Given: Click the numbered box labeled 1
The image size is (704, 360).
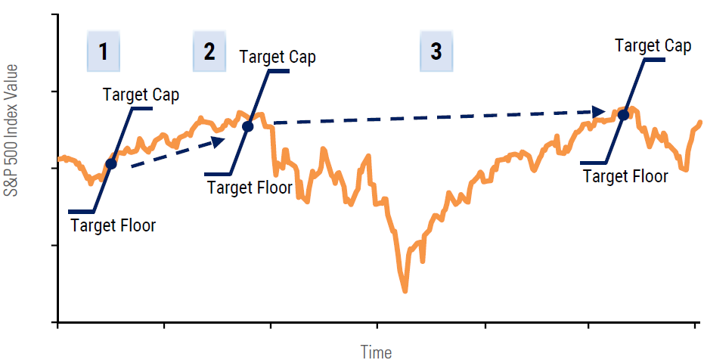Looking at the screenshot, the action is point(104,51).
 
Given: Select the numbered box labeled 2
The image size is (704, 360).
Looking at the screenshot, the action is point(209,51).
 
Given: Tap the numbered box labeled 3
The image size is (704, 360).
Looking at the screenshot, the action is point(436,51).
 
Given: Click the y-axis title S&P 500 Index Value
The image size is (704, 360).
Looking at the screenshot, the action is point(11,130).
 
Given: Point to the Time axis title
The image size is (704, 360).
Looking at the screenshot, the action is point(377,352).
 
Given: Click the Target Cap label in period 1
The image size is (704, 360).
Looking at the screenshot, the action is point(141,95).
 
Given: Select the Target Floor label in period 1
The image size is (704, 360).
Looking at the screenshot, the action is point(113,225).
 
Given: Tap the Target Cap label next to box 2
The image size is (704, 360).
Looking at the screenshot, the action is point(278,57).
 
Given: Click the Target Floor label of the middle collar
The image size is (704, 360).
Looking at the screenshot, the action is point(250,187).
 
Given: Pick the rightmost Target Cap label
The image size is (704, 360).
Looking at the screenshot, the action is point(653,46).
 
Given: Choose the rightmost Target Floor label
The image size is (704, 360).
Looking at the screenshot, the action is point(625,176).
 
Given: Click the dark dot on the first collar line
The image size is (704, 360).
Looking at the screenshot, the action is point(111,164).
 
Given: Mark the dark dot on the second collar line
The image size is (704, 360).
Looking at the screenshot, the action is point(248,126).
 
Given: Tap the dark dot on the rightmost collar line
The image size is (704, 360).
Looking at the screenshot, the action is point(623,115).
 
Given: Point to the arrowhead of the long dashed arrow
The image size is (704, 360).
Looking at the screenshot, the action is point(599,112).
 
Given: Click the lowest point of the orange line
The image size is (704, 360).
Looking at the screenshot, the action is point(405,291).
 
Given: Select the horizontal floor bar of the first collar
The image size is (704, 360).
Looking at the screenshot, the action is point(81,212).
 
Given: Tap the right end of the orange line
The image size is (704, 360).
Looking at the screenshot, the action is point(700,122).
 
